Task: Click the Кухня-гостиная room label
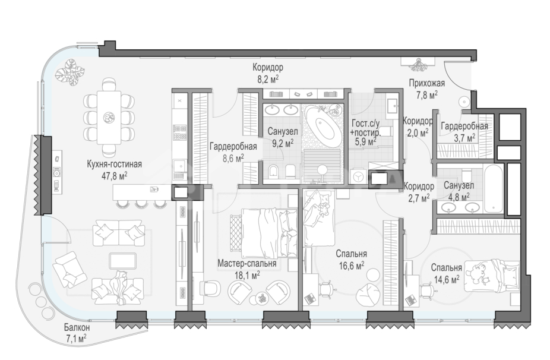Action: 115,164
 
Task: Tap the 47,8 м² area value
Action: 114,175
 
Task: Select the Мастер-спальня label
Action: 247,263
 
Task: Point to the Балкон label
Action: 77,328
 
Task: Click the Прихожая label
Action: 427,84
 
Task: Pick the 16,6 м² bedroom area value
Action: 351,266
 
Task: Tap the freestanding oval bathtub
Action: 323,124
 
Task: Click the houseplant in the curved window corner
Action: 70,71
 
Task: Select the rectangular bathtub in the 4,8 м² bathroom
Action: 494,189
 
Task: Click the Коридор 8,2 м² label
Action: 268,72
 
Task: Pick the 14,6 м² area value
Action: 446,280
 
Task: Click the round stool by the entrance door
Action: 464,102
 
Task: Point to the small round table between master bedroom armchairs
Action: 262,298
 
